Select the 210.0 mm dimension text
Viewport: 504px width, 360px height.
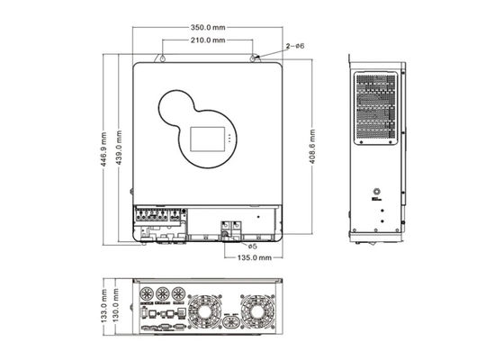point(209,41)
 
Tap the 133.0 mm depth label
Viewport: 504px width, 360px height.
point(104,307)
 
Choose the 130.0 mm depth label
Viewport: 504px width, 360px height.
point(117,307)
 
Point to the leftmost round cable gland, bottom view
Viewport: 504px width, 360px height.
point(147,295)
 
